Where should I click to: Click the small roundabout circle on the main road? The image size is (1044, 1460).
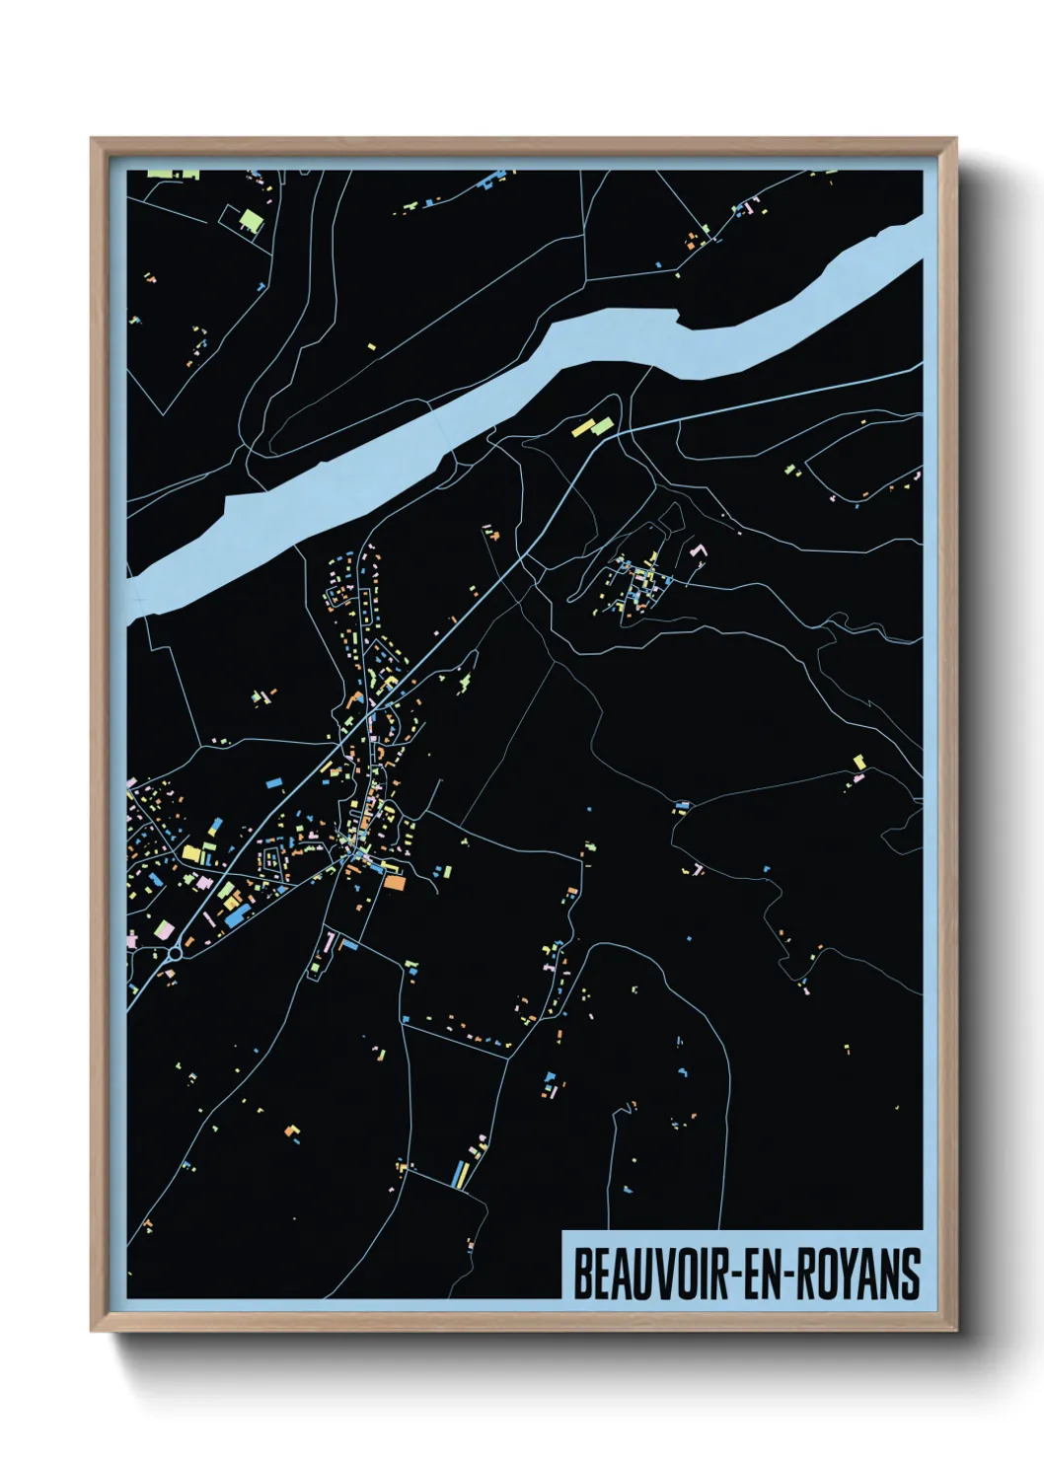click(175, 953)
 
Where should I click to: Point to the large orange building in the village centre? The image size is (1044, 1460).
click(393, 882)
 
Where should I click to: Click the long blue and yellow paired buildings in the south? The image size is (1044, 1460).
click(461, 1174)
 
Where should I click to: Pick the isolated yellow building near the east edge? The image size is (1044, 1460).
click(858, 762)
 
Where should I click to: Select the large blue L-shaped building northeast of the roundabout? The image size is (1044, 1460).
click(237, 916)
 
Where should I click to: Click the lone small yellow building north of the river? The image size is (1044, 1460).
click(371, 346)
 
